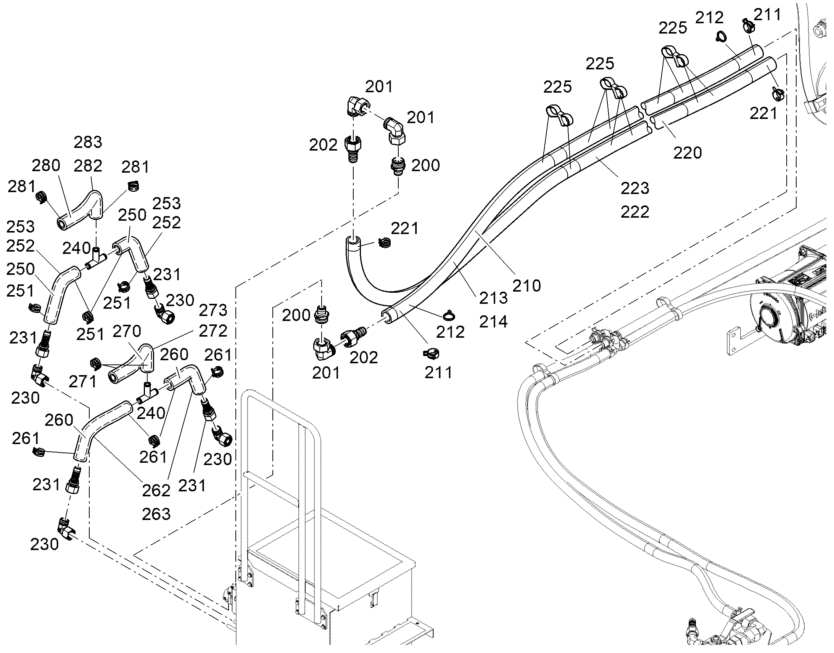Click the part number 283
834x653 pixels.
pyautogui.click(x=88, y=142)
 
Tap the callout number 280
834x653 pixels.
pyautogui.click(x=46, y=165)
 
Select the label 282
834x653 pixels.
pyautogui.click(x=88, y=166)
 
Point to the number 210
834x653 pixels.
pyautogui.click(x=527, y=286)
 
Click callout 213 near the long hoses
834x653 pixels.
pyautogui.click(x=494, y=298)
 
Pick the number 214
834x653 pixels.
pyautogui.click(x=494, y=322)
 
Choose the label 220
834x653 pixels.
pyautogui.click(x=687, y=153)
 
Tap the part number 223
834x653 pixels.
pyautogui.click(x=635, y=188)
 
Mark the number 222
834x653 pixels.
pyautogui.click(x=635, y=212)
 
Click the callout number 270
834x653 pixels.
pyautogui.click(x=127, y=331)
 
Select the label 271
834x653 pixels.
pyautogui.click(x=83, y=381)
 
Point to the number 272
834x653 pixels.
pyautogui.click(x=213, y=331)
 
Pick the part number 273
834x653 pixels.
pyautogui.click(x=213, y=310)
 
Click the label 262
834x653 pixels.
pyautogui.click(x=156, y=491)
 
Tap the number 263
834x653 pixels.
pyautogui.click(x=156, y=514)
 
